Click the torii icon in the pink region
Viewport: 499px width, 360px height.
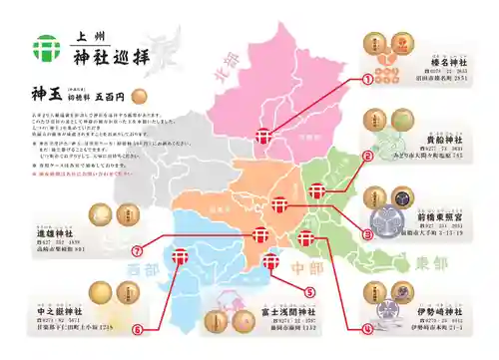[x=264, y=137]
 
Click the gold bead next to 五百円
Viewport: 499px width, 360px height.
[x=139, y=98]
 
